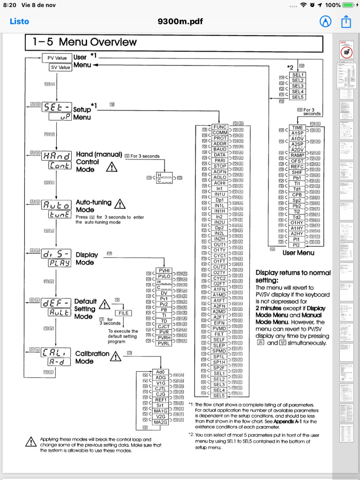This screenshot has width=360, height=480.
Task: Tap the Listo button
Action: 19,21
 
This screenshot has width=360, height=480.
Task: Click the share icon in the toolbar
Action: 346,21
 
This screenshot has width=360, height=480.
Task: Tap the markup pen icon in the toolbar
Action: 325,21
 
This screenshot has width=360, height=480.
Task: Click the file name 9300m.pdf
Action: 180,21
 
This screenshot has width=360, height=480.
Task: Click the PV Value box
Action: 57,58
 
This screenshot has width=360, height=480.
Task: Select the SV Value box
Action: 60,67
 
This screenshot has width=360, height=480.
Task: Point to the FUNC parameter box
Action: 220,127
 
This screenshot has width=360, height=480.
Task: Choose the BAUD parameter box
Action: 220,149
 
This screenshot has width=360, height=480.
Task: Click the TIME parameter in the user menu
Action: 297,127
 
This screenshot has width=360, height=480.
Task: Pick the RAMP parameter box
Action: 297,155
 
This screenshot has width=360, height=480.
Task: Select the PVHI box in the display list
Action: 164,271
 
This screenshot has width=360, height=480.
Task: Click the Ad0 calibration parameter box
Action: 161,372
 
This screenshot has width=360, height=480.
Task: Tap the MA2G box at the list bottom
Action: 161,422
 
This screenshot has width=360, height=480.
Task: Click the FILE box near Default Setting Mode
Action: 123,313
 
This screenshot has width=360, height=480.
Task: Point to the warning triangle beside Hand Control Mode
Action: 112,167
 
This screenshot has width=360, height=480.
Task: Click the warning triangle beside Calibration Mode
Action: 115,357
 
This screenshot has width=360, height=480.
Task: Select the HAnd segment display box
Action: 57,156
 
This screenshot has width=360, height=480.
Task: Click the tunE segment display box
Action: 57,214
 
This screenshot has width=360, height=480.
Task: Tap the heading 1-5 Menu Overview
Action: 85,42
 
